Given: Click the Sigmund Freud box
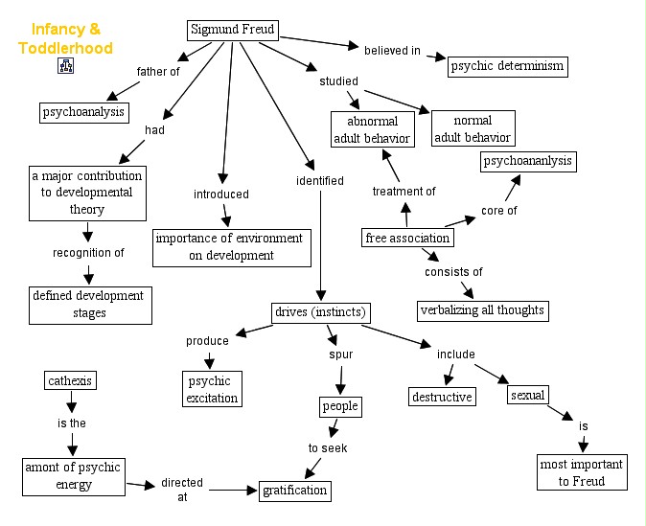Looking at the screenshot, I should (232, 30).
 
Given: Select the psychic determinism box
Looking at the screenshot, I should (508, 66).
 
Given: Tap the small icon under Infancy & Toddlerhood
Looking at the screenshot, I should (65, 66).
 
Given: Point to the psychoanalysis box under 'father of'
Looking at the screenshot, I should (83, 112).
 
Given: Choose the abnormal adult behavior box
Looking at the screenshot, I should (371, 129).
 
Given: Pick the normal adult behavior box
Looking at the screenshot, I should (473, 129).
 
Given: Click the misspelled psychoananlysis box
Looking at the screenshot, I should (527, 161).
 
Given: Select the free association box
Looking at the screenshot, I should (407, 238).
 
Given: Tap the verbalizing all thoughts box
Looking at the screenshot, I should (483, 309).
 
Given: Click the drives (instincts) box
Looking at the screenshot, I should (320, 312).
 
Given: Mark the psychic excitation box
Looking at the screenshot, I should (211, 389).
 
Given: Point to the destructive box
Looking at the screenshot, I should (442, 396).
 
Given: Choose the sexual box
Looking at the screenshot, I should (528, 395).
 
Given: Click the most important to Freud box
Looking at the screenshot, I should (582, 472).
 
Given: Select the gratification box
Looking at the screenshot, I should (295, 491).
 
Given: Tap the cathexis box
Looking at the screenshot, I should (71, 380).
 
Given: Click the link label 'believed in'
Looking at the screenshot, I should (392, 50).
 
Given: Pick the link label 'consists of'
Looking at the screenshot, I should (453, 272).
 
